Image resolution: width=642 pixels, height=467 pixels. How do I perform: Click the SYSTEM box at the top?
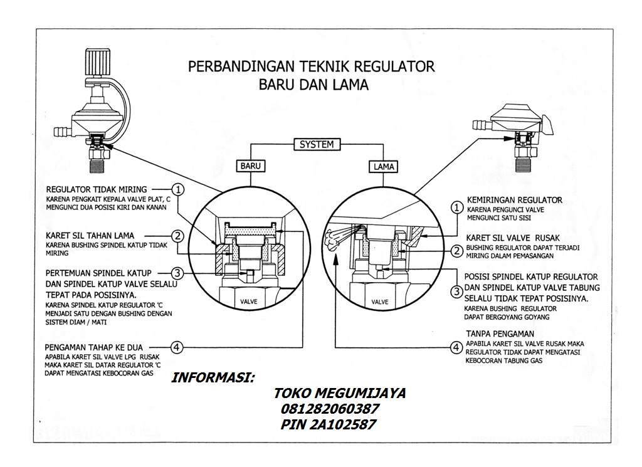tap(317, 145)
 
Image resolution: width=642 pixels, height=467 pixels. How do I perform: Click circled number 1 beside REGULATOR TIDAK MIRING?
tap(179, 189)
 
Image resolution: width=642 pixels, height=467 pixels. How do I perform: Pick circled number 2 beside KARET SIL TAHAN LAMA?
tap(179, 236)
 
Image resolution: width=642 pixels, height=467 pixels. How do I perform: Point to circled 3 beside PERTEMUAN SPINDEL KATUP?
tap(179, 273)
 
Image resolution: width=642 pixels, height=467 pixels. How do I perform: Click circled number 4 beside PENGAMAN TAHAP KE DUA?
tap(179, 346)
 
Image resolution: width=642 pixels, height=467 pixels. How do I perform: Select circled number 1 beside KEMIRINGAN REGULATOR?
tap(458, 207)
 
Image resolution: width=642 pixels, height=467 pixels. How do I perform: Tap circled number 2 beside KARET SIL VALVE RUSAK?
tap(458, 251)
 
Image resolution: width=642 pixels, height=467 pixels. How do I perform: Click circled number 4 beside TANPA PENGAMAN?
tap(458, 346)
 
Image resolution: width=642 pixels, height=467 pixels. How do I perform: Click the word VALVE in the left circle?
tap(250, 302)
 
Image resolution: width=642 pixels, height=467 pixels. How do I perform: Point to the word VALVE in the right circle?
tap(380, 302)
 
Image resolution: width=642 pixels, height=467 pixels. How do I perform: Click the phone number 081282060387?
tap(327, 409)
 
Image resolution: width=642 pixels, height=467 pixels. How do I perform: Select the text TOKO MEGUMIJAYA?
tap(339, 394)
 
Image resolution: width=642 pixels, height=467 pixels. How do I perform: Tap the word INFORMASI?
tap(213, 379)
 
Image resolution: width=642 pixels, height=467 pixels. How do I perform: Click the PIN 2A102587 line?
tap(329, 425)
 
